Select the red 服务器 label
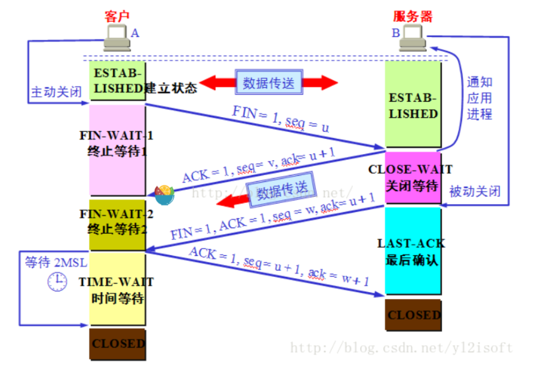(413, 16)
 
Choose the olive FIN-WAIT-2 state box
(117, 223)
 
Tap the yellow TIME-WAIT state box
(117, 289)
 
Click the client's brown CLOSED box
(117, 343)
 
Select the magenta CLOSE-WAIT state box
(413, 178)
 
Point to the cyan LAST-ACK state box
(413, 251)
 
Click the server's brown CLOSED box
(413, 315)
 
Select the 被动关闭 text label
(475, 190)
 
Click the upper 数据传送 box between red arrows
(269, 82)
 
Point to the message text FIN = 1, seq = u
(281, 118)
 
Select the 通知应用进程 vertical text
(479, 97)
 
